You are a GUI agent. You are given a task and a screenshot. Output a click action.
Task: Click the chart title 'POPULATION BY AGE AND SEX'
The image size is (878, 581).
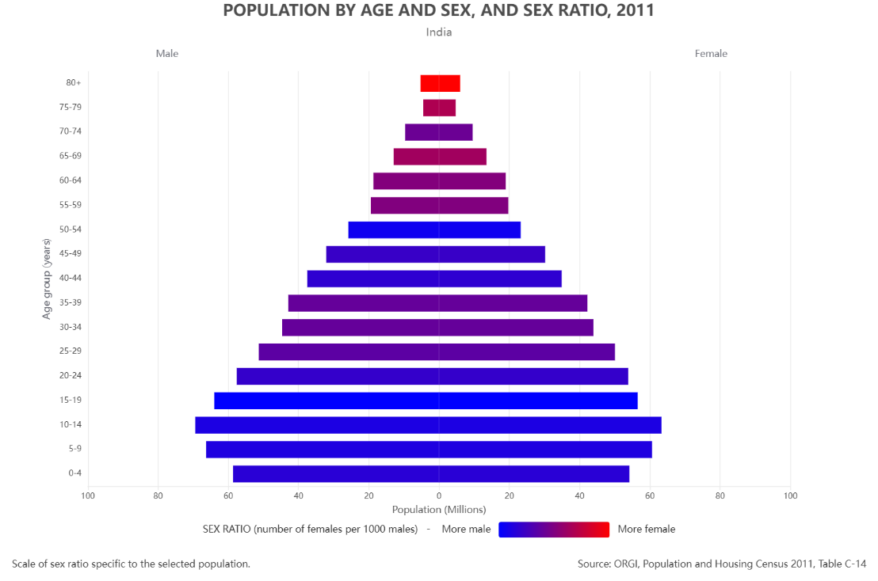pyautogui.click(x=438, y=10)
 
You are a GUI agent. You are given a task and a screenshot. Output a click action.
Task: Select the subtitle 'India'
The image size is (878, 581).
pyautogui.click(x=438, y=32)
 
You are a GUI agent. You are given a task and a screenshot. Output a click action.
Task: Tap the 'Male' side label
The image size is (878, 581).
pyautogui.click(x=167, y=54)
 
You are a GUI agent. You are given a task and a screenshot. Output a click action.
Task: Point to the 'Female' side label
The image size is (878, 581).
pyautogui.click(x=711, y=54)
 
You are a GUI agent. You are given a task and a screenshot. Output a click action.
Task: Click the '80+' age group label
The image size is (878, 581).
pyautogui.click(x=74, y=83)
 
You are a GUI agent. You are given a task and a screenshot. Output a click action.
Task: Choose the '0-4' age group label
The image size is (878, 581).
pyautogui.click(x=74, y=473)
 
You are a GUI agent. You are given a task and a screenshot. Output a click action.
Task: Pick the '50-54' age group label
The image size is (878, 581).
pyautogui.click(x=71, y=230)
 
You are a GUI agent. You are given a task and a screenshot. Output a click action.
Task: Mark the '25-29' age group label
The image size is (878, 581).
pyautogui.click(x=71, y=351)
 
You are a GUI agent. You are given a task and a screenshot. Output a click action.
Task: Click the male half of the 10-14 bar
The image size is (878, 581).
pyautogui.click(x=317, y=425)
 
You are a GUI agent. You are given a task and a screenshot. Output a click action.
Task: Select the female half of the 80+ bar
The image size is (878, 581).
pyautogui.click(x=449, y=83)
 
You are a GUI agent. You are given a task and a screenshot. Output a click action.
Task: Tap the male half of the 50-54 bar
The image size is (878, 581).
pyautogui.click(x=394, y=230)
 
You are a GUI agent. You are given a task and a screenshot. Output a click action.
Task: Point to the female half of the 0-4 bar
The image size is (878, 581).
pyautogui.click(x=534, y=473)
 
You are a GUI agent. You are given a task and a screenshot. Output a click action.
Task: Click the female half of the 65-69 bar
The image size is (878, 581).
pyautogui.click(x=463, y=157)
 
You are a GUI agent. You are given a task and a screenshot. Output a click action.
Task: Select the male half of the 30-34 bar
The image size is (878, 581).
pyautogui.click(x=361, y=328)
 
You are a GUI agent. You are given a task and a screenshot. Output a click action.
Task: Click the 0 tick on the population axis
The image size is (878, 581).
pyautogui.click(x=439, y=496)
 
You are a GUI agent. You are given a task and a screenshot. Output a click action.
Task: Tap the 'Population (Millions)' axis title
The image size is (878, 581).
pyautogui.click(x=439, y=510)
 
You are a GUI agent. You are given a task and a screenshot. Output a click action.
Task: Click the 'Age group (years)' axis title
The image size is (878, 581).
pyautogui.click(x=47, y=278)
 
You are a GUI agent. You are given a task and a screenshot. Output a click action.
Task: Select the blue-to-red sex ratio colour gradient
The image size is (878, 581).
pyautogui.click(x=554, y=530)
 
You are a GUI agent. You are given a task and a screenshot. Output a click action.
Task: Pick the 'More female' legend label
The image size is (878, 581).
pyautogui.click(x=647, y=530)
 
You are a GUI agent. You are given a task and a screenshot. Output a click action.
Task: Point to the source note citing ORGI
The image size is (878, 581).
pyautogui.click(x=722, y=564)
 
